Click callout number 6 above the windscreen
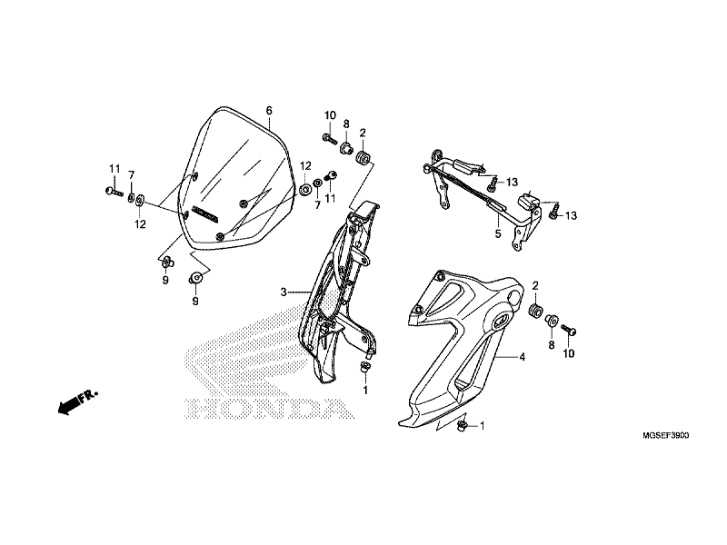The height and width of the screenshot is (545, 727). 269,111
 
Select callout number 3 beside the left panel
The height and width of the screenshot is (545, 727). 284,292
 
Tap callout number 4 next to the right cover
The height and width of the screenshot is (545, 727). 522,358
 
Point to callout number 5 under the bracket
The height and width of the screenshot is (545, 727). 497,233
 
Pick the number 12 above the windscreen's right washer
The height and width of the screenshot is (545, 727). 306,166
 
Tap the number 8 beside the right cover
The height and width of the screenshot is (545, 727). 551,346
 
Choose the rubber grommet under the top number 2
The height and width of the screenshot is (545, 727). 362,159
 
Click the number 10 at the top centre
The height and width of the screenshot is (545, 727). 331,115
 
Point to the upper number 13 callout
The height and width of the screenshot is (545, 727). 512,182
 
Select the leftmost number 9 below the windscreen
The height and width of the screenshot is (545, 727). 165,281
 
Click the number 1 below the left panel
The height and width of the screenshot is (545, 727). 365,391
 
